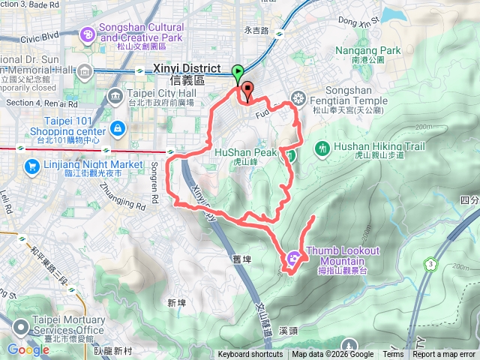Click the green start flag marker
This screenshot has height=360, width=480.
238,73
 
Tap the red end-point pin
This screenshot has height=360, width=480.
247,91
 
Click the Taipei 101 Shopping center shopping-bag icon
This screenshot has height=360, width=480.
117,129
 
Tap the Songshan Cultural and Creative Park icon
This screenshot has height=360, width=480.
88,33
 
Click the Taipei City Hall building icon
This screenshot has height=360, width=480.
115,94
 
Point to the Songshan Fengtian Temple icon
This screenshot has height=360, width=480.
298,97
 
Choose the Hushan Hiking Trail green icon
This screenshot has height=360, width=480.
322,148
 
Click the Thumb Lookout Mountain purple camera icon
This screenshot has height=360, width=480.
292,258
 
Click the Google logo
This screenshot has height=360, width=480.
28,349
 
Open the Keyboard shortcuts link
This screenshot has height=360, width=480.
250,355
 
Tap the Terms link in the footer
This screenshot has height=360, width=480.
393,355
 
